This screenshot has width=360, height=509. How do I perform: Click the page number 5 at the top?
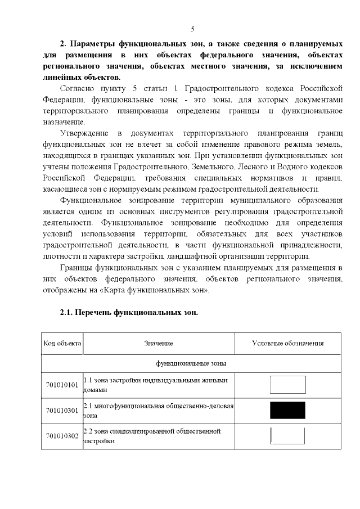click(x=192, y=29)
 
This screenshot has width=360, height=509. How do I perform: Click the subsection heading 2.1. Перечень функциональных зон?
click(x=129, y=312)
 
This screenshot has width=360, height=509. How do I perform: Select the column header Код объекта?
click(x=62, y=343)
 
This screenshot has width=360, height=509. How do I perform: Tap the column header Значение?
click(x=158, y=343)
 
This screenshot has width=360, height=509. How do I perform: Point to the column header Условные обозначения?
click(x=287, y=343)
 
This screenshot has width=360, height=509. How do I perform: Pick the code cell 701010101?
click(x=62, y=385)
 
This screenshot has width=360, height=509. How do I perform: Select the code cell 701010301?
click(x=62, y=411)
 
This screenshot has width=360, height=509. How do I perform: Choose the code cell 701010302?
click(x=62, y=436)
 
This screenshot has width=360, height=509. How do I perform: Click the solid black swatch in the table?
click(x=287, y=411)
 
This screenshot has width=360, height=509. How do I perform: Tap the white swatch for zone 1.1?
click(x=287, y=385)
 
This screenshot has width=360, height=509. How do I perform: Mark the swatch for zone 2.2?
click(x=287, y=436)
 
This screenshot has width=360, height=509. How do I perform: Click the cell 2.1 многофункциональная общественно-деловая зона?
click(x=158, y=411)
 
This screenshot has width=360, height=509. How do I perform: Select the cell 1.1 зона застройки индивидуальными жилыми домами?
click(x=158, y=385)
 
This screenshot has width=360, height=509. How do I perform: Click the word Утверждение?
click(x=83, y=133)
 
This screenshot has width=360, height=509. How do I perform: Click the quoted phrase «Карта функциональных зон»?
click(x=161, y=290)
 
